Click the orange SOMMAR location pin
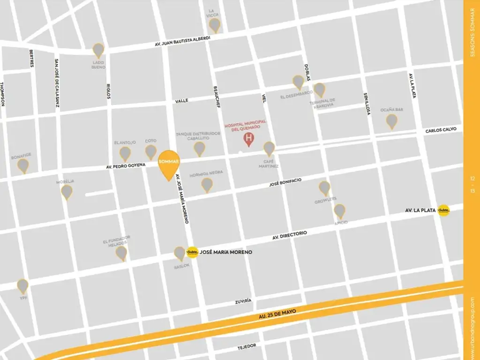click(169, 164)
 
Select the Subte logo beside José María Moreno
click(192, 252)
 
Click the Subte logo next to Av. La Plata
click(443, 211)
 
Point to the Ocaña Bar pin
click(391, 121)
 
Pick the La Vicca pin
click(214, 25)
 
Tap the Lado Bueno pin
click(98, 50)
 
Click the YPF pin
click(22, 285)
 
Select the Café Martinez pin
click(269, 149)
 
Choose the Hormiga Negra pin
click(207, 185)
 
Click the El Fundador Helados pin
click(121, 253)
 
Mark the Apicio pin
click(339, 211)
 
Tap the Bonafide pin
click(23, 165)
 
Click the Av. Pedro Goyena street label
click(126, 165)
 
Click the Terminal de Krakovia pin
click(319, 90)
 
